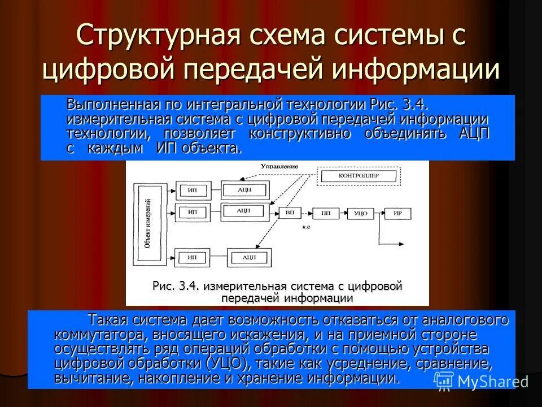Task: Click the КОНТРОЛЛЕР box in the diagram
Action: coord(359,176)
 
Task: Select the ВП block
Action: coord(290,213)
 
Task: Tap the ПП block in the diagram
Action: coord(326,213)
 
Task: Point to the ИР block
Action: coord(397,213)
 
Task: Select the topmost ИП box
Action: coord(192,189)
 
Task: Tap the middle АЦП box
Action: coord(244,211)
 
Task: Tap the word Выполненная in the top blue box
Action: coord(112,103)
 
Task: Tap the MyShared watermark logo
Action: coord(480,382)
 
